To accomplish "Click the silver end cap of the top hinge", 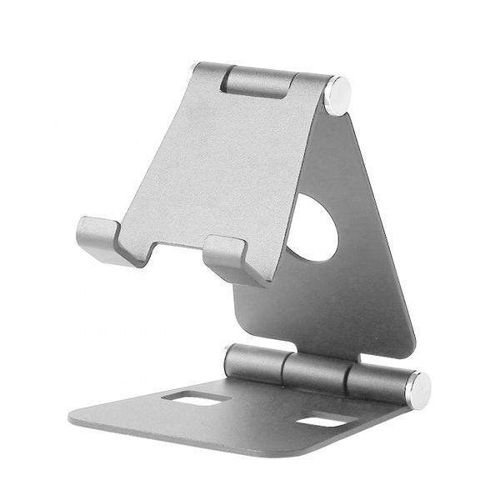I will click(337, 94).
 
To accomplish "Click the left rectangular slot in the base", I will click(197, 398).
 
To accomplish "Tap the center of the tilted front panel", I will click(221, 158).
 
